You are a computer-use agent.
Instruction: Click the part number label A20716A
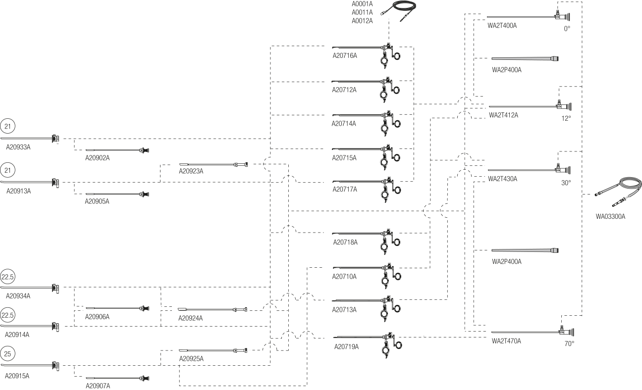tap(344, 55)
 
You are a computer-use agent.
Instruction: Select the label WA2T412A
tap(503, 115)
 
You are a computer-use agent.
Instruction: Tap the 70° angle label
tap(569, 343)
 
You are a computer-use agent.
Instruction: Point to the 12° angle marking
tap(566, 118)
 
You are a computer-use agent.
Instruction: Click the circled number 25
tap(7, 353)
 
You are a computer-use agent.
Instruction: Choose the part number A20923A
tap(191, 171)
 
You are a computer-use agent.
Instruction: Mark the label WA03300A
tap(610, 216)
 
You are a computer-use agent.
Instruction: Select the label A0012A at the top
tap(362, 21)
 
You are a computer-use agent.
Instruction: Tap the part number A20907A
tap(98, 386)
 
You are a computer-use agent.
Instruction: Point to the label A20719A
tap(346, 346)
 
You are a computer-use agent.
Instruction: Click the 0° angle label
tap(567, 29)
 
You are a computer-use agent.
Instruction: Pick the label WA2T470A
tap(506, 341)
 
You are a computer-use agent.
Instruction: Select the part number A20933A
tap(18, 147)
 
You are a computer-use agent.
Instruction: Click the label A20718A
tap(345, 243)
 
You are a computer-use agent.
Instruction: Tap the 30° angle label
tap(566, 183)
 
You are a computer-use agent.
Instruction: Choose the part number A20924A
tap(191, 318)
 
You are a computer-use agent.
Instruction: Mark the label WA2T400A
tap(502, 25)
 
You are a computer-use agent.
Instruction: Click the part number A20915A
tap(17, 376)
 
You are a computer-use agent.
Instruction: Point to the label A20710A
tap(344, 277)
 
